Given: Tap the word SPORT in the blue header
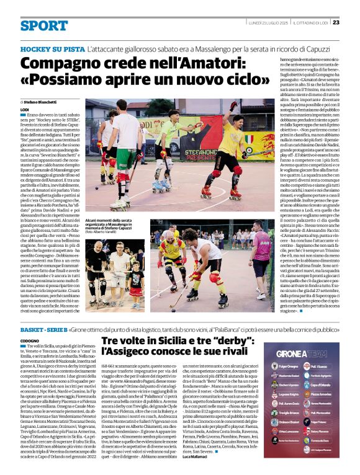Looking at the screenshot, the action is pyautogui.click(x=43, y=25).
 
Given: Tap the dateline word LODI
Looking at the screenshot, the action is pyautogui.click(x=25, y=109).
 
